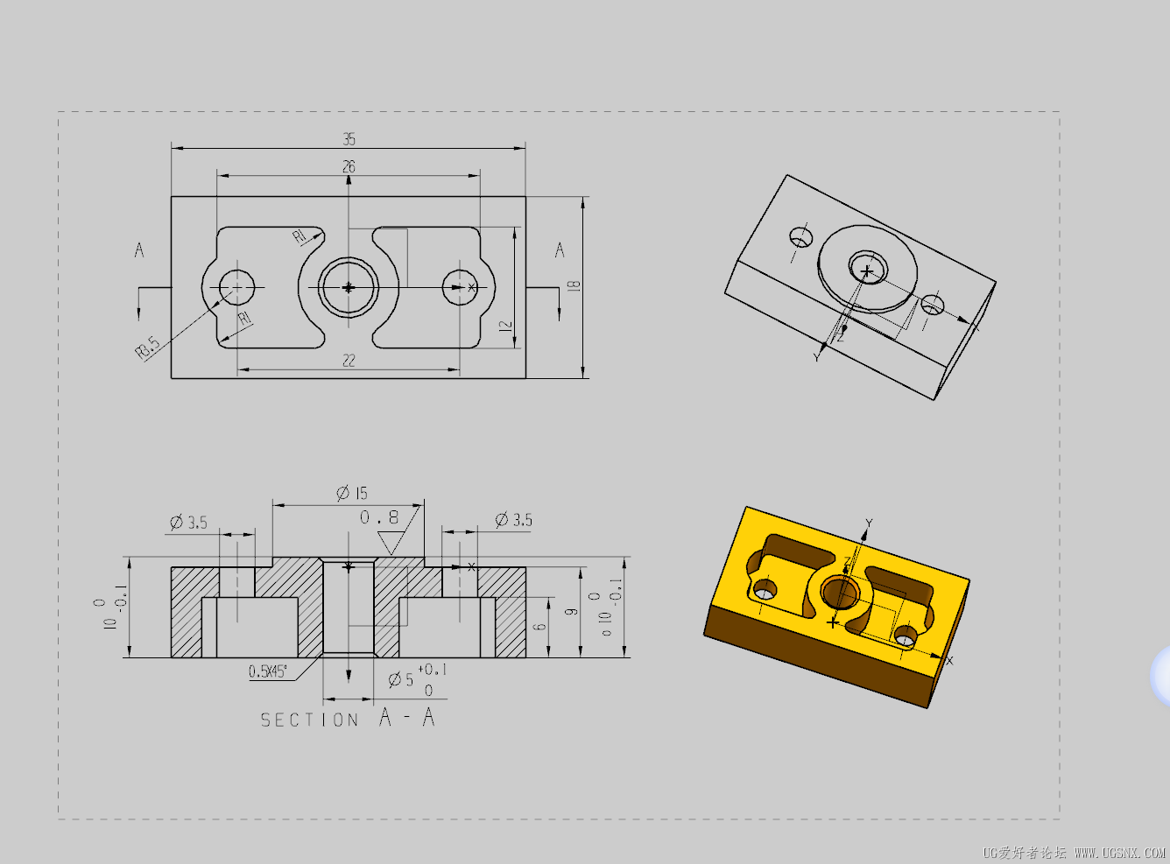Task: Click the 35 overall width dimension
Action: (349, 139)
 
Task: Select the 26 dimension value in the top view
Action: (349, 166)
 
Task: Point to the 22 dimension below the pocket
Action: (349, 360)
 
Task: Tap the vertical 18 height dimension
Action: (574, 286)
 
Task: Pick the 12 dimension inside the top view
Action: (505, 326)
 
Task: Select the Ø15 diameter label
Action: (352, 493)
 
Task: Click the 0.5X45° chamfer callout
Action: (267, 671)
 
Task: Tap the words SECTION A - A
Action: (348, 719)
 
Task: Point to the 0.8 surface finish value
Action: (379, 517)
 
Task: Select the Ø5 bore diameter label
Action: (401, 679)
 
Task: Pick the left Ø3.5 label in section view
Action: (188, 523)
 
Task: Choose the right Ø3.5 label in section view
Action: (513, 519)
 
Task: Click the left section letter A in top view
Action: (138, 250)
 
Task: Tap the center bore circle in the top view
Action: (349, 286)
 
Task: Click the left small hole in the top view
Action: (236, 286)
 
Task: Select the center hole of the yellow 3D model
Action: (842, 593)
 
